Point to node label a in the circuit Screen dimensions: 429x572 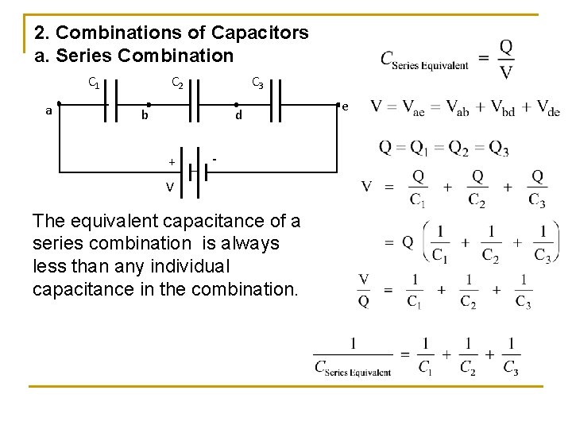point(49,111)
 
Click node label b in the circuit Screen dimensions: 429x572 point(145,116)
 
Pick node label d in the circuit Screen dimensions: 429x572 point(238,116)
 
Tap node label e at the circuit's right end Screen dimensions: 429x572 point(345,106)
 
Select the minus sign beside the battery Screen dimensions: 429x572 point(215,159)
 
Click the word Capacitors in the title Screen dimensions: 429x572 point(261,33)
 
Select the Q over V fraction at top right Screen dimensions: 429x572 point(506,60)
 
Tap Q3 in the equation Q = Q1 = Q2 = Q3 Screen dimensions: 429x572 point(498,149)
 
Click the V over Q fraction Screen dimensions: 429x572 point(364,290)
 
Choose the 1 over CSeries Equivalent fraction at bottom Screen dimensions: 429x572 point(353,356)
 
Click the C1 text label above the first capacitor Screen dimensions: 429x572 point(94,81)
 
